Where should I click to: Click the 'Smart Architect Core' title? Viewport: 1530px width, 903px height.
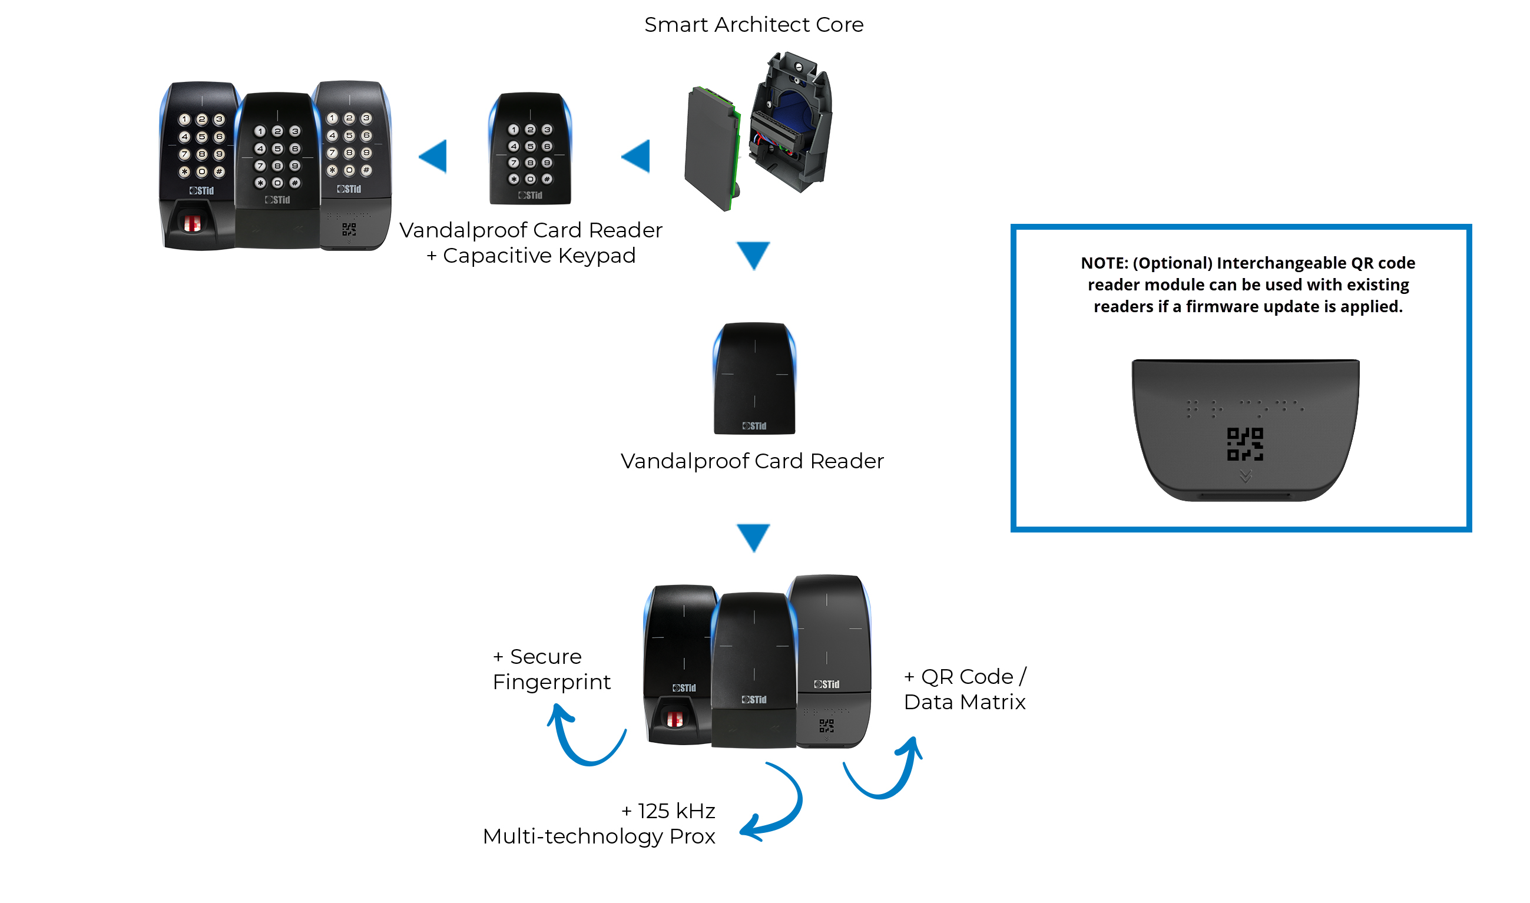pyautogui.click(x=753, y=25)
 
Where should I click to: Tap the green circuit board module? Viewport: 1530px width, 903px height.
pyautogui.click(x=712, y=149)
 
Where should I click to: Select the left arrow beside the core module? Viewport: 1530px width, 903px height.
pyautogui.click(x=637, y=156)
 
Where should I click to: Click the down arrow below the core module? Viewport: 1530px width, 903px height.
pyautogui.click(x=753, y=254)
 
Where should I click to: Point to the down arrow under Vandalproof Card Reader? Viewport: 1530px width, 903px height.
pyautogui.click(x=753, y=537)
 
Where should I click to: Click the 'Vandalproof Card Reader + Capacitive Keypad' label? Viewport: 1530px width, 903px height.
pyautogui.click(x=531, y=243)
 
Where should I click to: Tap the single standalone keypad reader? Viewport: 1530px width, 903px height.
pyautogui.click(x=530, y=148)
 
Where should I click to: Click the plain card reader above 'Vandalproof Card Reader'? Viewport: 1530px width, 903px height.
pyautogui.click(x=754, y=379)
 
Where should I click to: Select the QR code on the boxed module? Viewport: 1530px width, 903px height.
pyautogui.click(x=1245, y=444)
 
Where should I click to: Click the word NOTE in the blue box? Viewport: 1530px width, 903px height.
pyautogui.click(x=1104, y=263)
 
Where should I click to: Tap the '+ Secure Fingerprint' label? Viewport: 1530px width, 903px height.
pyautogui.click(x=551, y=669)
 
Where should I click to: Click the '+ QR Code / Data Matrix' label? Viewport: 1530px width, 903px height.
pyautogui.click(x=964, y=689)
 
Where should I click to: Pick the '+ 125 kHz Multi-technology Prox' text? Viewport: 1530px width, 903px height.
pyautogui.click(x=600, y=823)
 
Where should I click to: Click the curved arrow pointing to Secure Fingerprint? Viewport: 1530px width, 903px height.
pyautogui.click(x=581, y=742)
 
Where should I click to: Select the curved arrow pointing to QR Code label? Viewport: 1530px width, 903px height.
pyautogui.click(x=888, y=776)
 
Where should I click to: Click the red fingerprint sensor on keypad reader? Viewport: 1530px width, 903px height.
pyautogui.click(x=192, y=223)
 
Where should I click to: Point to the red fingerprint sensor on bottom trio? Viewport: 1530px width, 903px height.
pyautogui.click(x=675, y=719)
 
